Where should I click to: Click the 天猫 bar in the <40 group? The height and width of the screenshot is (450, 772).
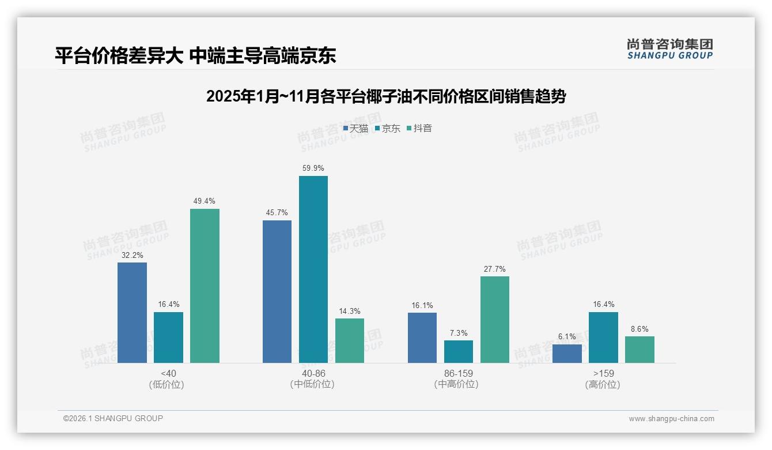(x=132, y=313)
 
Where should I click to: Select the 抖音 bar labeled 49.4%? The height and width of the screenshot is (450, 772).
(x=205, y=286)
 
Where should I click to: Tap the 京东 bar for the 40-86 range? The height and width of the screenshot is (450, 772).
(x=313, y=269)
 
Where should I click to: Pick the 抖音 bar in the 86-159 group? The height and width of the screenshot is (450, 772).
(x=494, y=320)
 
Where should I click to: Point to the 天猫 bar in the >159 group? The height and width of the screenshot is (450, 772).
(x=567, y=354)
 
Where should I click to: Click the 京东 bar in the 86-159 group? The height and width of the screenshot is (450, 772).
(x=458, y=351)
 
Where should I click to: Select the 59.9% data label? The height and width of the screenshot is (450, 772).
(x=313, y=168)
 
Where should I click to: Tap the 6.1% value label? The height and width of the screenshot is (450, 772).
(x=567, y=337)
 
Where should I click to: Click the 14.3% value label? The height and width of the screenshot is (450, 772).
(x=350, y=311)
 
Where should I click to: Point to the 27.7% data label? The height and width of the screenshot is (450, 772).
(x=494, y=269)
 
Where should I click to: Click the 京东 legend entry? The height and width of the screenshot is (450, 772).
(x=388, y=129)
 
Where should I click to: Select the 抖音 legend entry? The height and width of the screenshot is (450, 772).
(x=419, y=129)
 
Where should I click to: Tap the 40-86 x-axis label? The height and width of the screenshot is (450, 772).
(x=313, y=373)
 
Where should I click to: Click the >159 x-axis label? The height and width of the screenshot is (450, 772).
(x=603, y=373)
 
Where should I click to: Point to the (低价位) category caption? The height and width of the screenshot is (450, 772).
(x=168, y=384)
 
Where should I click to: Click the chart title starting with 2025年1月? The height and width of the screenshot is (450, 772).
(x=385, y=96)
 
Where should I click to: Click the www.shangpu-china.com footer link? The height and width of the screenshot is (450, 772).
(x=671, y=419)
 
